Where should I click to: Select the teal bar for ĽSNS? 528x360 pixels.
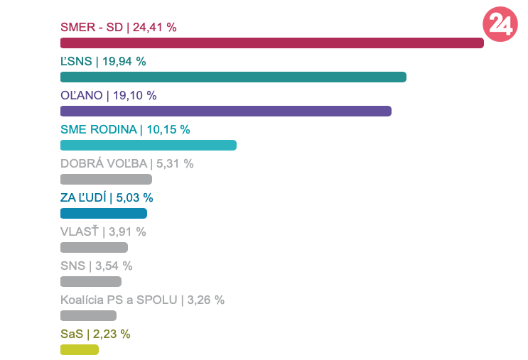233,77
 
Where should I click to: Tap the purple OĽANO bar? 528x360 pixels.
226,111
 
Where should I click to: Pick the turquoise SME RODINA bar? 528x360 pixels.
148,145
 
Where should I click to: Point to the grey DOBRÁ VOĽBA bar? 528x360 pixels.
106,179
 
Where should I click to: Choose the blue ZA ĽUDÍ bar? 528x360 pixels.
103,213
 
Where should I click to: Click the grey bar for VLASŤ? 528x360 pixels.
94,247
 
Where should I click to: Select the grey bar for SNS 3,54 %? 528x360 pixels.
90,281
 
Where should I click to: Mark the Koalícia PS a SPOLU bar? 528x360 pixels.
88,315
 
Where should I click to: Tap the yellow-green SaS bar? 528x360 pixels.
80,349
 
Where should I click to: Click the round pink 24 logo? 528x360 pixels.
500,25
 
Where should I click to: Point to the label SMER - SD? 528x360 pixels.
92,28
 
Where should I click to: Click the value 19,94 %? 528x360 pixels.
124,62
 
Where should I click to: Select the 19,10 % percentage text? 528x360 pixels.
134,96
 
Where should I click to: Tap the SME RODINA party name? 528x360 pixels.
99,130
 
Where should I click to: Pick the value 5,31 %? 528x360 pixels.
174,164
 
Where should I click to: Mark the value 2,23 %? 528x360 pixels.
112,334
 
